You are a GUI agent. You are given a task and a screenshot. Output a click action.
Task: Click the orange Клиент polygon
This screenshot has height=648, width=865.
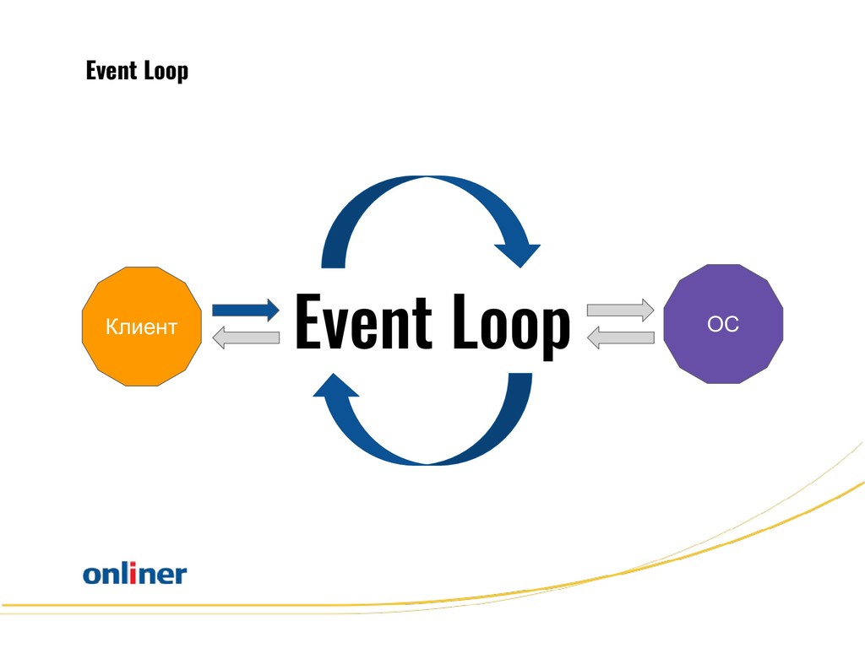click(142, 327)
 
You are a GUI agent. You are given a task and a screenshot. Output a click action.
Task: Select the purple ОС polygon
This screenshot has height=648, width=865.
click(723, 324)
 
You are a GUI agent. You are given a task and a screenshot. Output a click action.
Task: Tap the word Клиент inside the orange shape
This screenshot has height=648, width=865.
click(142, 327)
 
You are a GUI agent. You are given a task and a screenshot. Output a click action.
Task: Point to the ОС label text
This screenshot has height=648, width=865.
click(723, 324)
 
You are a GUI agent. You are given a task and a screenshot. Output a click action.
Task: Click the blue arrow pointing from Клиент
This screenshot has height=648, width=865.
click(246, 310)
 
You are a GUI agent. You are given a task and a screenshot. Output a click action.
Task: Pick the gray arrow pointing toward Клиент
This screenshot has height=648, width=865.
click(246, 337)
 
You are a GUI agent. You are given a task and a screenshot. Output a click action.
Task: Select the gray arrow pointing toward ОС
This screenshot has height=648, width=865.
click(620, 310)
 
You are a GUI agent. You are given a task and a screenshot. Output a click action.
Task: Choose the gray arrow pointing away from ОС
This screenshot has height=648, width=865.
click(620, 337)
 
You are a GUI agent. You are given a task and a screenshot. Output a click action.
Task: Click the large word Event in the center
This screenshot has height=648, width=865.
click(363, 321)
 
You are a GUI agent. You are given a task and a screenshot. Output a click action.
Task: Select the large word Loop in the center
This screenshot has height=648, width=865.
click(511, 326)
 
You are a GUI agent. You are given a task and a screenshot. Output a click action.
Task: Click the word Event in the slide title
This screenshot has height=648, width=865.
click(112, 71)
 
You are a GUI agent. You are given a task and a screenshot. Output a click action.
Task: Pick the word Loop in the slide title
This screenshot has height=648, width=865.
click(166, 72)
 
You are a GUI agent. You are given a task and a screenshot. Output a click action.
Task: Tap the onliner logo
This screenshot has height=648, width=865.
click(135, 573)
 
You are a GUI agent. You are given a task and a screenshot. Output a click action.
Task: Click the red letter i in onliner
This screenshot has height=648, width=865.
click(133, 573)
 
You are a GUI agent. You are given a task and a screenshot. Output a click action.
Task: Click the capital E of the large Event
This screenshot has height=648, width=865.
click(309, 321)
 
